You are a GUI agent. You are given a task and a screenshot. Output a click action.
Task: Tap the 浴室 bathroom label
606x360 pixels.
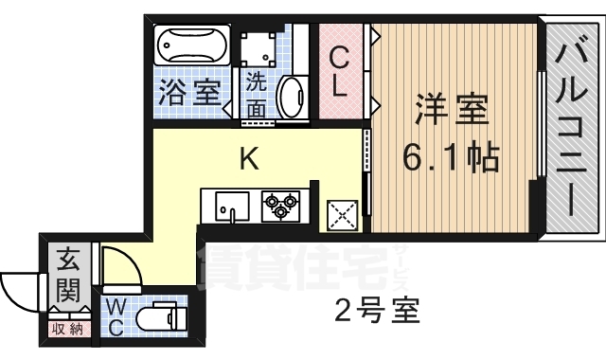click(188, 93)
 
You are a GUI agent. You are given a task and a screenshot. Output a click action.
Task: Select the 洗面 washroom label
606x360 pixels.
click(256, 94)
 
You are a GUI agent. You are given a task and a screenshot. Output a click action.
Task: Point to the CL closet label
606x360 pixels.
click(341, 72)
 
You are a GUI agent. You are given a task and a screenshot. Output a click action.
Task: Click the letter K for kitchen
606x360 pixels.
click(248, 158)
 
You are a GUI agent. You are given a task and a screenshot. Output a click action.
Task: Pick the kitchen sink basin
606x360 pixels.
click(225, 205)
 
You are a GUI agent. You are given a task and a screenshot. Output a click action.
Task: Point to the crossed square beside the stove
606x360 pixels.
click(342, 216)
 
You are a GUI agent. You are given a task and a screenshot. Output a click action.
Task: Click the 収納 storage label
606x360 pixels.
click(67, 329)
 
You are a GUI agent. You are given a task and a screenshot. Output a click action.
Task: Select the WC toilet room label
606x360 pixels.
click(114, 317)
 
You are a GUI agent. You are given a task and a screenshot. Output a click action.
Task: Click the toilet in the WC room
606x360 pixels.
click(162, 318)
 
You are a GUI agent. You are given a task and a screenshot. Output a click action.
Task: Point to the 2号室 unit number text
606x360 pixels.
click(377, 309)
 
